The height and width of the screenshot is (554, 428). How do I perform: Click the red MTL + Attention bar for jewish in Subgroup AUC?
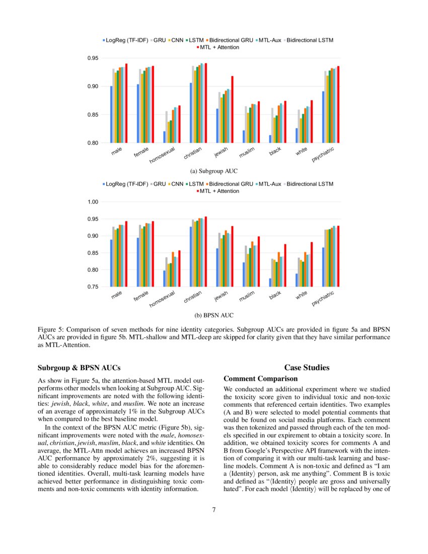pos(232,110)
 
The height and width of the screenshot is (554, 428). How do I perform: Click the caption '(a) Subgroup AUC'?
pos(214,171)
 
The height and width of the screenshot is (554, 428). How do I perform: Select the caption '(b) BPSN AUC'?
pos(214,315)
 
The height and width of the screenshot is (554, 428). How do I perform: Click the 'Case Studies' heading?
pos(307,368)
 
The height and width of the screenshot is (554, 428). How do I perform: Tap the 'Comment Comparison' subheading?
pos(261,378)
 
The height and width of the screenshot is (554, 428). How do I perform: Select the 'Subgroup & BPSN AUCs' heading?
pos(79,368)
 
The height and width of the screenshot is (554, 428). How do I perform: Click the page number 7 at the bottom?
pos(214,510)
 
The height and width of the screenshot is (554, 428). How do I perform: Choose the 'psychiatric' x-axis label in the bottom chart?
pos(323,298)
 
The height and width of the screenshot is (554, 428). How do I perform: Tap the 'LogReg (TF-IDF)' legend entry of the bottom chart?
pos(126,184)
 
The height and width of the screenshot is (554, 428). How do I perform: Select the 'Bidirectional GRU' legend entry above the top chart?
pos(231,40)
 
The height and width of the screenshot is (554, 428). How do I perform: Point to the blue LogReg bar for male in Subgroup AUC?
pos(111,114)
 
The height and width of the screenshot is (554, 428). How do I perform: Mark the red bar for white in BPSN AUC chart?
pos(312,264)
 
